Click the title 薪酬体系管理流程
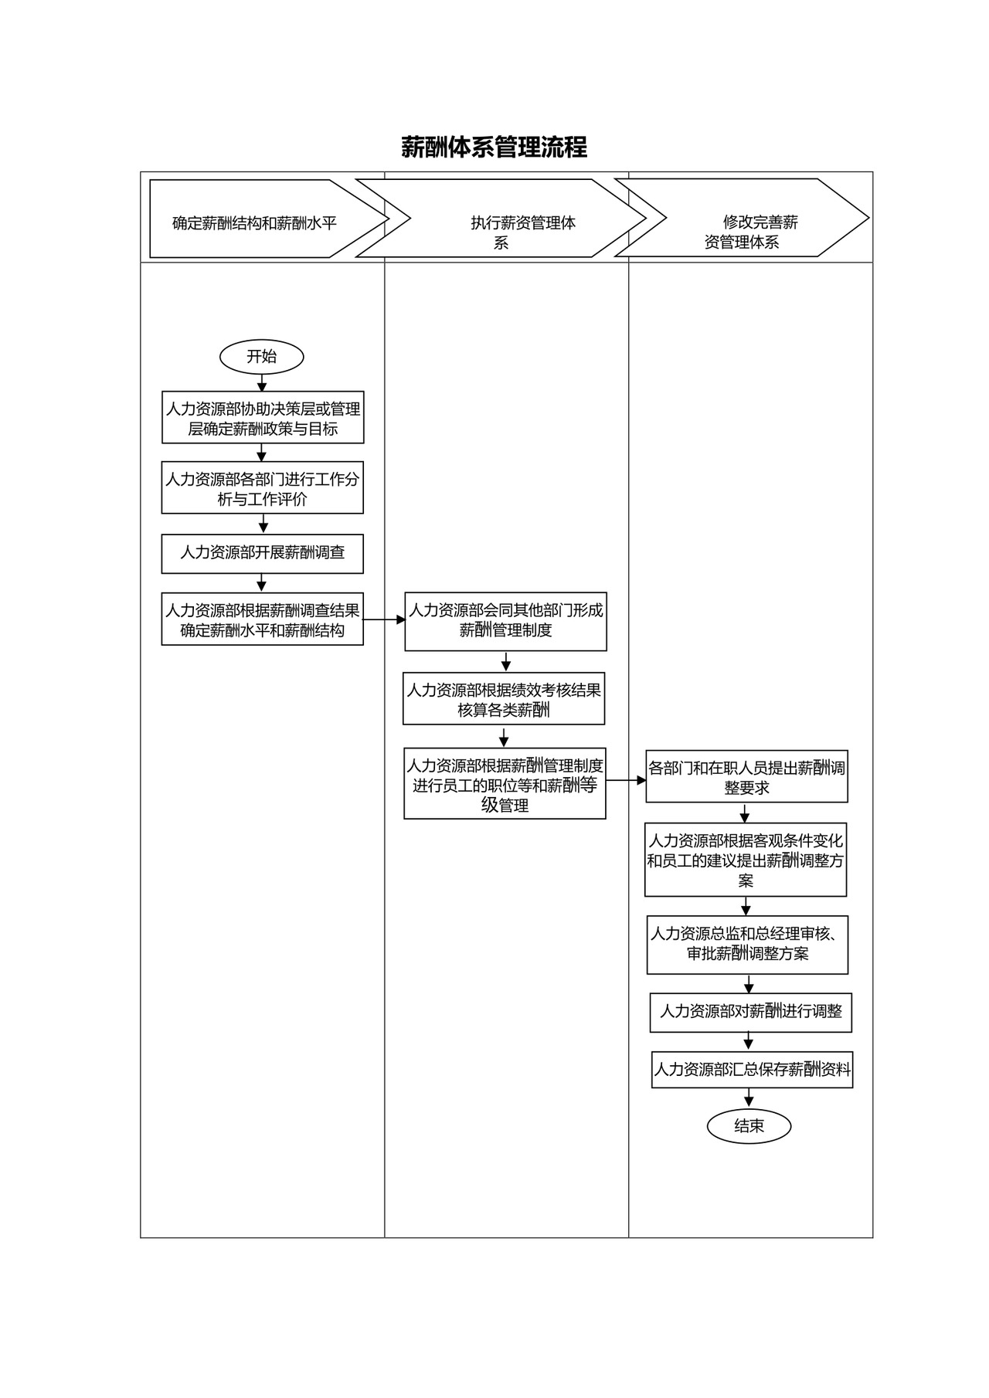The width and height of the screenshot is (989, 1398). (494, 147)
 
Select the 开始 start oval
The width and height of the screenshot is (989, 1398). (262, 357)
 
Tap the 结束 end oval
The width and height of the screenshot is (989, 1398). (749, 1126)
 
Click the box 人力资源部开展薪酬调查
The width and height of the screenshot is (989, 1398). (262, 553)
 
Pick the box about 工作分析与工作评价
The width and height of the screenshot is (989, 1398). (262, 488)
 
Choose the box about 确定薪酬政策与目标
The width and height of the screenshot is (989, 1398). (263, 418)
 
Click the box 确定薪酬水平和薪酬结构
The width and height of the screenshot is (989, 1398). (262, 619)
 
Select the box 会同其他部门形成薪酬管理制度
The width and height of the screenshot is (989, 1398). (505, 621)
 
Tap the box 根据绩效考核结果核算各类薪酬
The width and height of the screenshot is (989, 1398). (504, 699)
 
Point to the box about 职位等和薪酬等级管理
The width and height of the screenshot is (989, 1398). (505, 784)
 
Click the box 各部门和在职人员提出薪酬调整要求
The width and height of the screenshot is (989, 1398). (746, 777)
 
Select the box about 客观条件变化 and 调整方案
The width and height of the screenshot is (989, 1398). (746, 860)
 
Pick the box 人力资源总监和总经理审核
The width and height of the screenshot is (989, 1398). (747, 944)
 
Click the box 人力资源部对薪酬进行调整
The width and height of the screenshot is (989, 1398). (750, 1012)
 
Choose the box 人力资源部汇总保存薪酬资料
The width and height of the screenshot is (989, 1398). (752, 1070)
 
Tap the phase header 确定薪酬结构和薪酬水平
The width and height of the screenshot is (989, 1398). (255, 223)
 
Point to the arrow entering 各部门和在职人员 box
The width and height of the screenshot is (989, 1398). (626, 781)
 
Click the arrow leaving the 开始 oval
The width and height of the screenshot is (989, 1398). (262, 382)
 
